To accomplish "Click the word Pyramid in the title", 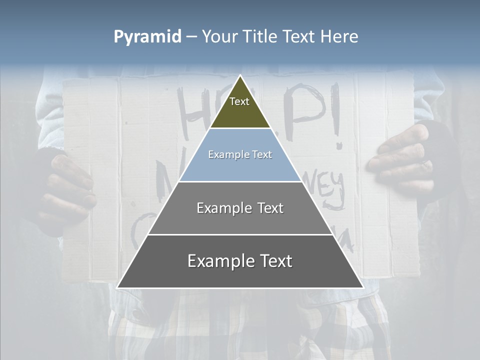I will point(147,37).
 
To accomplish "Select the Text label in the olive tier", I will point(239,101).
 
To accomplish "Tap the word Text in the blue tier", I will point(261,155).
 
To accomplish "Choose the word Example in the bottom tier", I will point(218,261).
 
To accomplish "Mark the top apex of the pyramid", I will point(240,76).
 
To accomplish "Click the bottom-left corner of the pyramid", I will point(117,287).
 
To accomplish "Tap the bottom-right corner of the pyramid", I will point(363,287).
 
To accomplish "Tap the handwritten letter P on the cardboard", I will point(305,110).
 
